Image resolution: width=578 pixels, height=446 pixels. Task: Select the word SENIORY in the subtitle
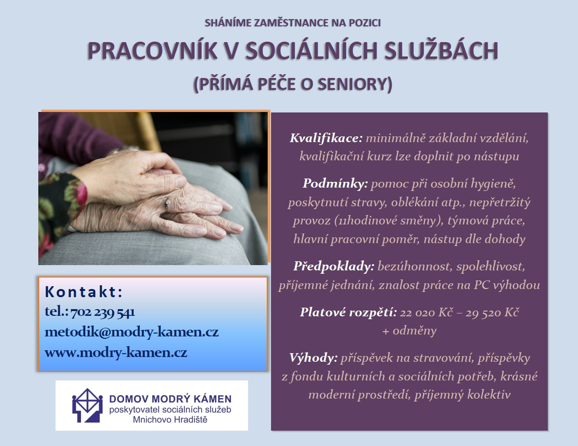point(356,84)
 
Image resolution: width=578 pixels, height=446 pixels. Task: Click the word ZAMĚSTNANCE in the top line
point(291,23)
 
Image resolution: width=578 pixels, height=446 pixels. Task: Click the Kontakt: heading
point(83,292)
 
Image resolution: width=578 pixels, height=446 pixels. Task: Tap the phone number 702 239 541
point(102,312)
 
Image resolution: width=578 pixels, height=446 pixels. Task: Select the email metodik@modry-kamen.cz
point(131,332)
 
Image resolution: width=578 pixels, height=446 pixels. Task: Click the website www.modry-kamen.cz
point(116,353)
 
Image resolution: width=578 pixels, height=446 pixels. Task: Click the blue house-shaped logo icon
point(87,405)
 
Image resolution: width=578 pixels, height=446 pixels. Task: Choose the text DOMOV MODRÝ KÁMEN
point(170,399)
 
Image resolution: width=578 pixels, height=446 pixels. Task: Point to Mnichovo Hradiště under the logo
point(170,419)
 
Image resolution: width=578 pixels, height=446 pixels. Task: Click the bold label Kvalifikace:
point(326,138)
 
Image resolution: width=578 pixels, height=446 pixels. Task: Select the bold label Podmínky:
point(335,183)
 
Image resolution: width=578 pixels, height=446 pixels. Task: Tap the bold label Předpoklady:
point(334,267)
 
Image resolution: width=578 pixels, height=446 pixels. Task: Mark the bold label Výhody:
point(313,358)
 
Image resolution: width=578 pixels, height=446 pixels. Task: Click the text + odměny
point(409,331)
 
